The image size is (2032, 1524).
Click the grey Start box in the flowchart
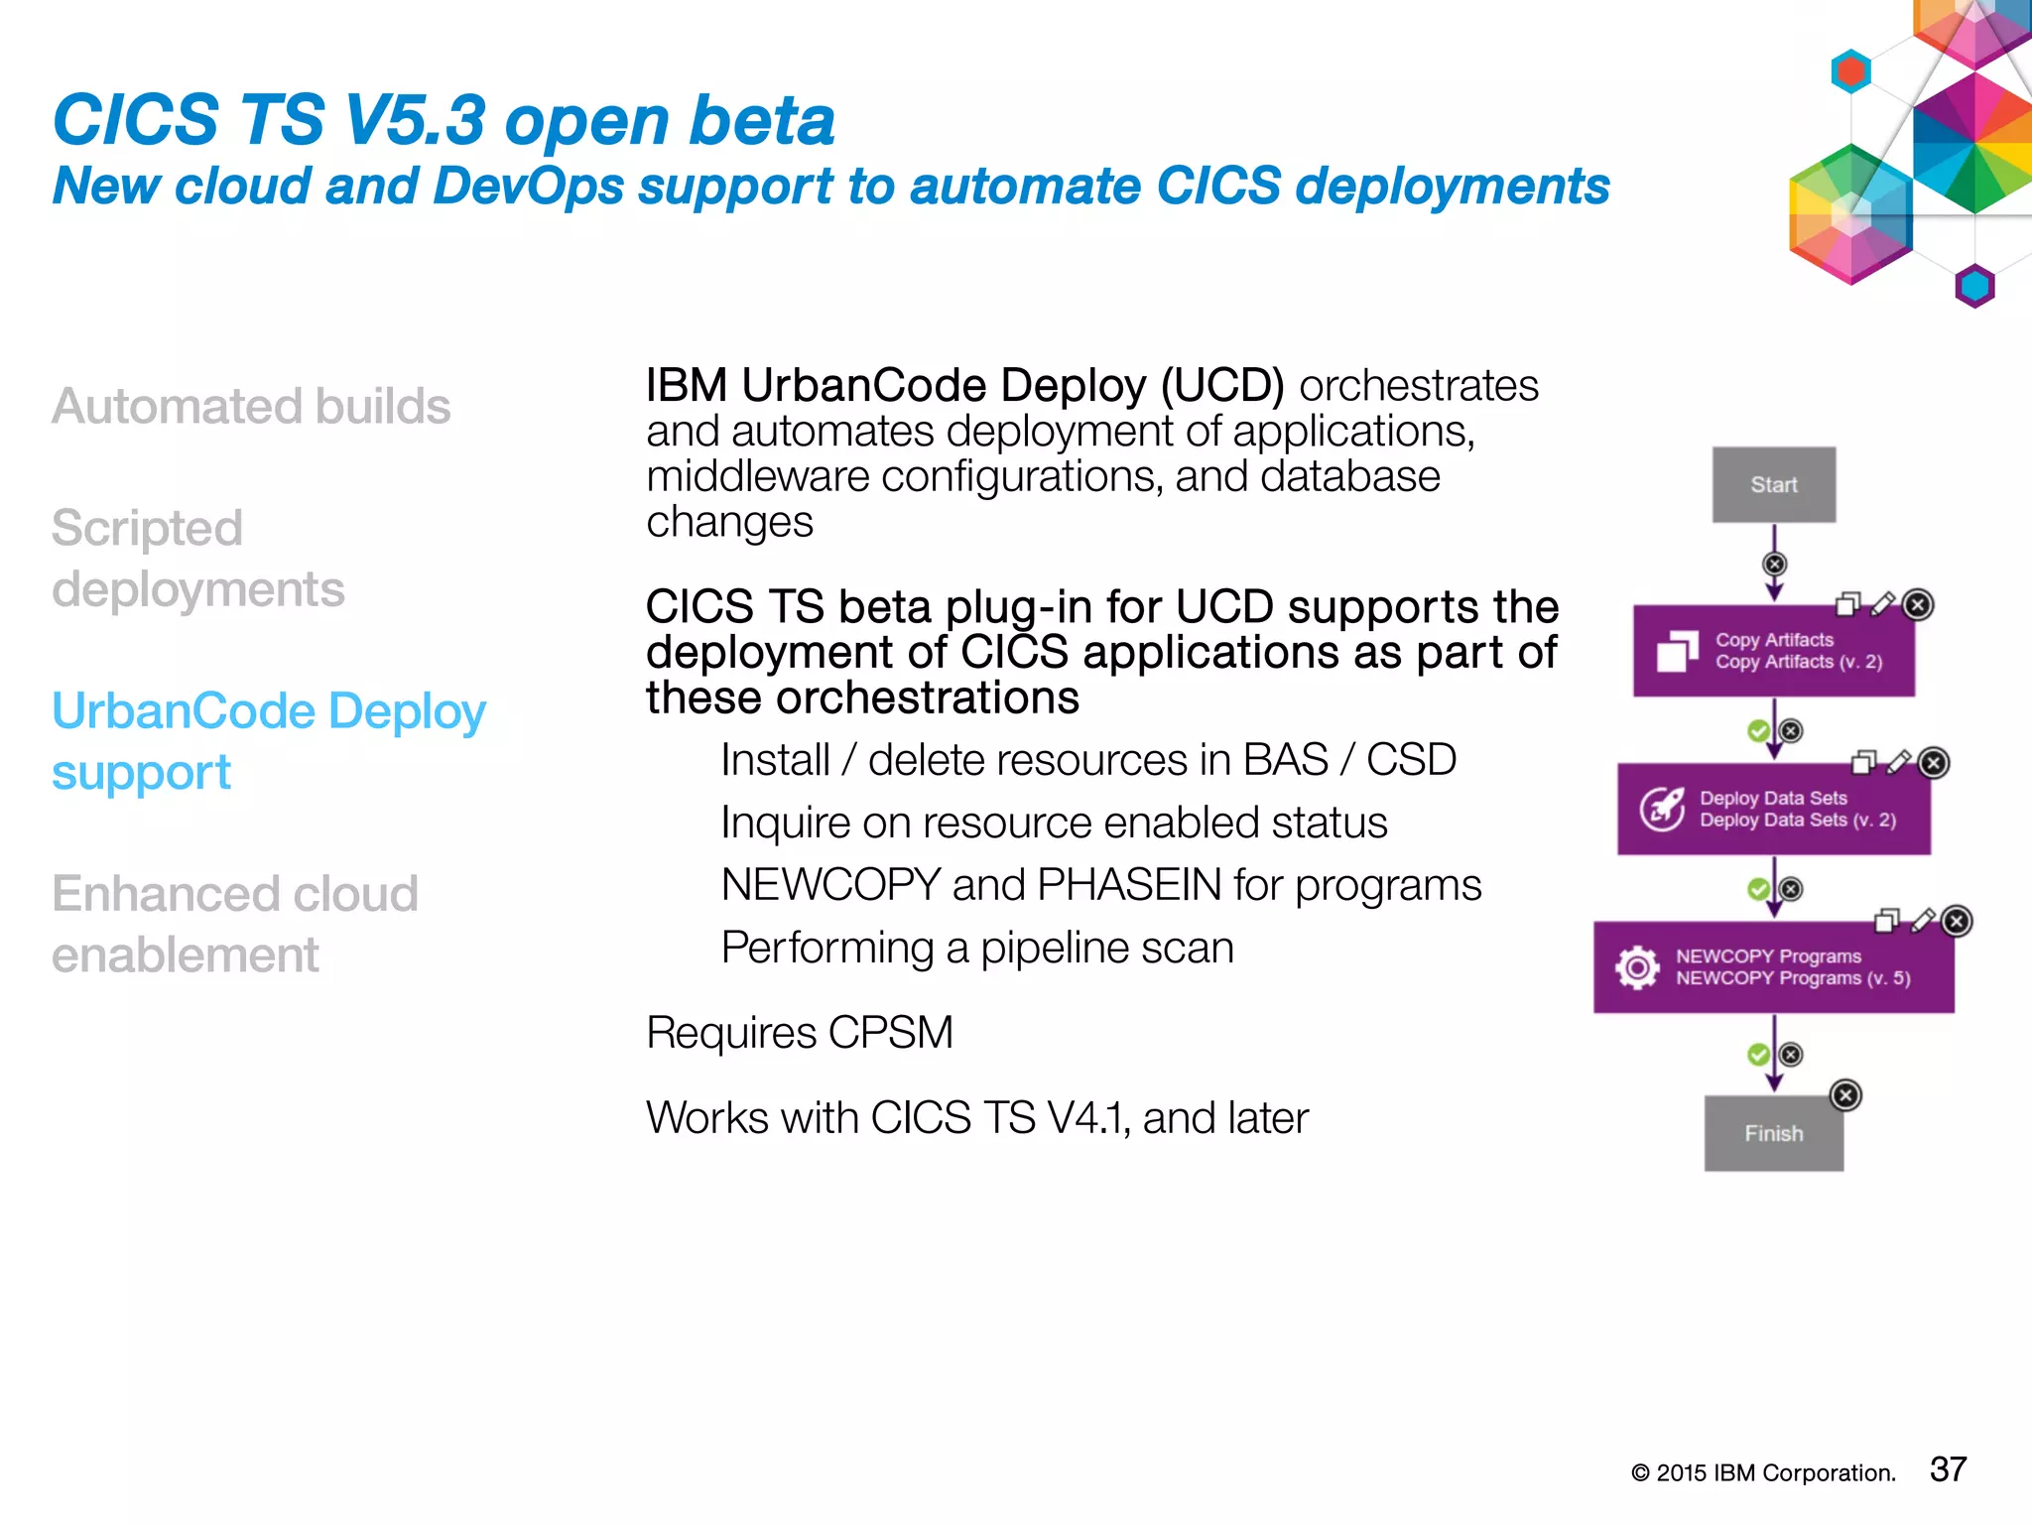coord(1773,484)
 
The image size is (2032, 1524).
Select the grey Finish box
coord(1773,1133)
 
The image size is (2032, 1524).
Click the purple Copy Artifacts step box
coord(1773,651)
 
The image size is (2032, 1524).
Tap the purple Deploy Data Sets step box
coord(1773,809)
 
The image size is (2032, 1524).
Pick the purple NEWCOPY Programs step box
coord(1773,967)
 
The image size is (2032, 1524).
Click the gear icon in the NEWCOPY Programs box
coord(1637,967)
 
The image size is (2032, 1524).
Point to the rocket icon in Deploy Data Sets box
coord(1662,809)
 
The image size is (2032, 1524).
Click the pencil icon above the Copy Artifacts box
coord(1882,603)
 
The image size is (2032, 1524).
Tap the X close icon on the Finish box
coord(1844,1095)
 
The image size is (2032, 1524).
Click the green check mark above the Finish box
coord(1758,1054)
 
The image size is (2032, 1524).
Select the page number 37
coord(1948,1469)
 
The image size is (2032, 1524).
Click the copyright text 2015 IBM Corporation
coord(1763,1473)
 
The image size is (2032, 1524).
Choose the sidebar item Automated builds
coord(251,406)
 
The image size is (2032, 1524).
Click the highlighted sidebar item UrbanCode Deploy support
coord(268,741)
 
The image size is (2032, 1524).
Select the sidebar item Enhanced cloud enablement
coord(234,924)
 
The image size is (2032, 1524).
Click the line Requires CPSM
coord(799,1033)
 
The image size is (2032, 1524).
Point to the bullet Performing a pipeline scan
coord(977,948)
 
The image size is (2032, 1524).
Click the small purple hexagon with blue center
coord(1974,287)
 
